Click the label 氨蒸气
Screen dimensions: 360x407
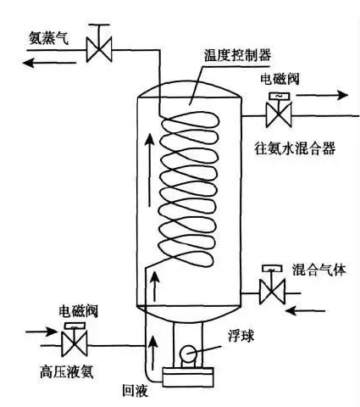48,38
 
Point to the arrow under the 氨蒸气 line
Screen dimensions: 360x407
49,63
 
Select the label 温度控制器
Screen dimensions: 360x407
237,55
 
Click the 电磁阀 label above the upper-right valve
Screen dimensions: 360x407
280,79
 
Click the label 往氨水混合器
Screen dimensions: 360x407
295,148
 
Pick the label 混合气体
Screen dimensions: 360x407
319,270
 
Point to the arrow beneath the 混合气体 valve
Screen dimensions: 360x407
305,311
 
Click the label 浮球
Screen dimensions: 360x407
241,336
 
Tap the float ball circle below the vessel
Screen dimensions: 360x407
189,354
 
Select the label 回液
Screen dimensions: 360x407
135,391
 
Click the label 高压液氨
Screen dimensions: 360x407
67,371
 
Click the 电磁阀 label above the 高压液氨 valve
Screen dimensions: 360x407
78,311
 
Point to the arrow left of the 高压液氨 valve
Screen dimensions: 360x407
42,332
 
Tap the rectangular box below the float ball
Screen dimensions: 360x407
188,377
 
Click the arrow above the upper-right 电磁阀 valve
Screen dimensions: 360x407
322,95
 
